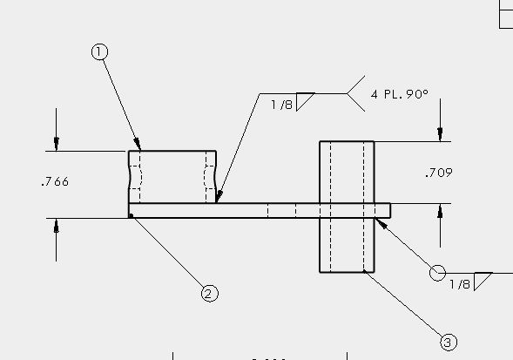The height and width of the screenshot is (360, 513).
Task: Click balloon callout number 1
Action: click(99, 52)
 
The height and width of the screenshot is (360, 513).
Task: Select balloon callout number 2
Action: click(209, 293)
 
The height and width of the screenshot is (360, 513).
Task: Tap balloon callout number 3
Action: click(449, 343)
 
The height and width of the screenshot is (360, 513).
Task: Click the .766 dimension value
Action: click(55, 182)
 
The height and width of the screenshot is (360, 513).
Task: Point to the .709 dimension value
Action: click(439, 173)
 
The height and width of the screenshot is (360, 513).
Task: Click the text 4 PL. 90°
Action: click(400, 94)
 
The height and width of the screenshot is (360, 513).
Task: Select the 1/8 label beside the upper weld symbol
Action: click(281, 105)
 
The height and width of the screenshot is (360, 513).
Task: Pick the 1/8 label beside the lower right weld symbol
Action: click(460, 284)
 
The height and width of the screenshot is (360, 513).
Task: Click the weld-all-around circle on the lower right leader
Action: click(437, 273)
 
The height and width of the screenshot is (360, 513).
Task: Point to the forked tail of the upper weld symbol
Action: click(356, 93)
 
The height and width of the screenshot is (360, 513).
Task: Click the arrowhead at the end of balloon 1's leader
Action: click(138, 144)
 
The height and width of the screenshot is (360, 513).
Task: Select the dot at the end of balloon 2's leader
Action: click(132, 215)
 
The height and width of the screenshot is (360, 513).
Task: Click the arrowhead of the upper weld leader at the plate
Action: click(219, 196)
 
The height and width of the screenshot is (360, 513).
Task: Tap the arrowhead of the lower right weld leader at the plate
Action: click(381, 223)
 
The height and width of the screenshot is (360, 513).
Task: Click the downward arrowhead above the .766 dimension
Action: click(57, 144)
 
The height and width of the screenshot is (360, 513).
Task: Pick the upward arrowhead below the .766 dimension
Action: click(57, 226)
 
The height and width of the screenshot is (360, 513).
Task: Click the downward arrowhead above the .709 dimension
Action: click(440, 134)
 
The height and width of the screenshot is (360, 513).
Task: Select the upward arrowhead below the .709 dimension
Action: click(440, 211)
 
